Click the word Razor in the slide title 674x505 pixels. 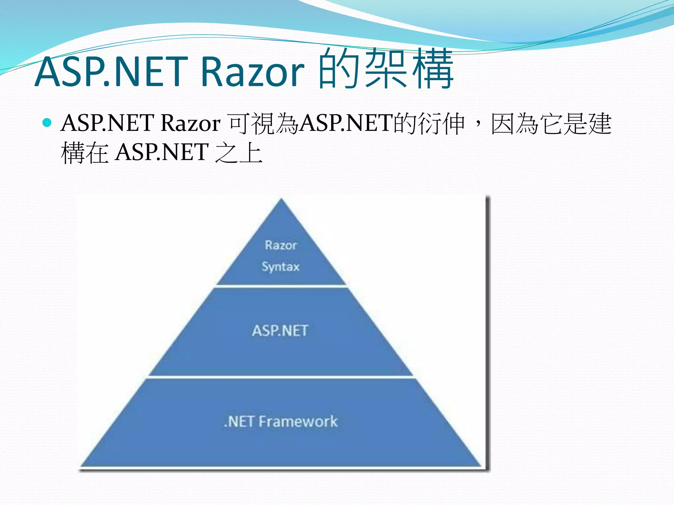click(x=252, y=72)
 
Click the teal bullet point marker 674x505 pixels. click(x=47, y=123)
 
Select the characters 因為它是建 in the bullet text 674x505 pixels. click(x=551, y=124)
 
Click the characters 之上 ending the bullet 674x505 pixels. click(x=239, y=153)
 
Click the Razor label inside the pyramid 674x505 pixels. click(x=281, y=245)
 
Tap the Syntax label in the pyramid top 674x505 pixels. click(x=281, y=266)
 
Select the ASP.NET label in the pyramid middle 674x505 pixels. click(x=280, y=331)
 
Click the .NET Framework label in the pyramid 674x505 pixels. click(x=281, y=421)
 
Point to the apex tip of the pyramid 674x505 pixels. click(x=281, y=200)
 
